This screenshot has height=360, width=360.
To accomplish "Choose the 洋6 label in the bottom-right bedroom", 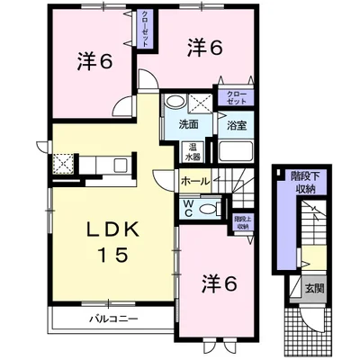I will click(x=219, y=283).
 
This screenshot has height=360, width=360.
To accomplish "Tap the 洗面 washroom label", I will click(x=188, y=124).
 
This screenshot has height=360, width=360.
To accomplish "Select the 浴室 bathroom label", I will click(x=238, y=124).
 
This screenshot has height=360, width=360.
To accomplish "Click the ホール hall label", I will click(x=195, y=181).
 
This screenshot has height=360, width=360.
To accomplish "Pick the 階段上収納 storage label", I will click(x=242, y=222).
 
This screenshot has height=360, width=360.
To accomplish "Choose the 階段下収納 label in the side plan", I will click(x=309, y=184).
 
